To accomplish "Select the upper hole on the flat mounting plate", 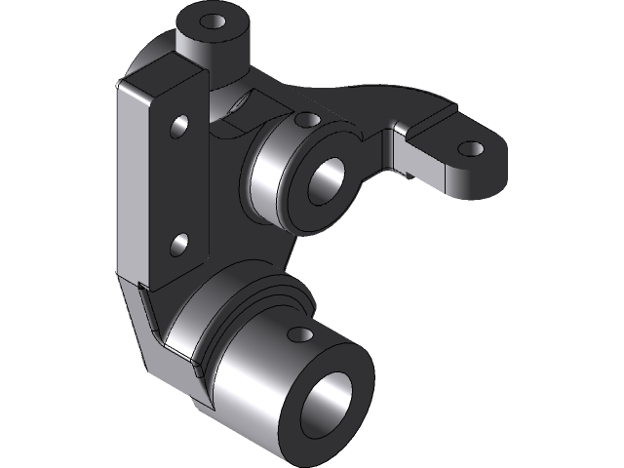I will (x=179, y=126).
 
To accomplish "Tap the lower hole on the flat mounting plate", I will (x=179, y=243).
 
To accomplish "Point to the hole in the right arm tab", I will (x=470, y=149).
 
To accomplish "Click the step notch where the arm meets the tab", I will (x=401, y=136).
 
